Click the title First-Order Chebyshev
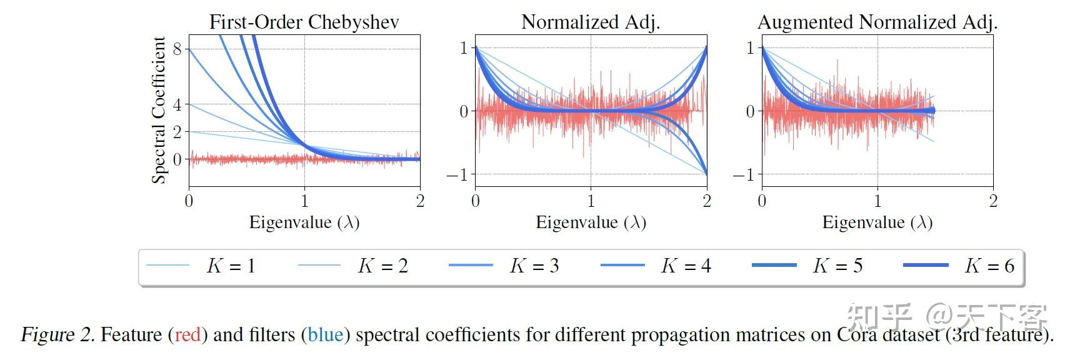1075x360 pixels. pyautogui.click(x=304, y=22)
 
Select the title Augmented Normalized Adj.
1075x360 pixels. pyautogui.click(x=877, y=22)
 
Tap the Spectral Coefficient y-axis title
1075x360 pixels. pyautogui.click(x=159, y=110)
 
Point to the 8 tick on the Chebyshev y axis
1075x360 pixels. pyautogui.click(x=177, y=49)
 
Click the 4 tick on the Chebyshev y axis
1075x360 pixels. pyautogui.click(x=177, y=104)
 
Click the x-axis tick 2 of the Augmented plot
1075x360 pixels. pyautogui.click(x=993, y=201)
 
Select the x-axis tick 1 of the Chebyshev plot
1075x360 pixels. pyautogui.click(x=304, y=201)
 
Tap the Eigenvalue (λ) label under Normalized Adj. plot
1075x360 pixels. pyautogui.click(x=591, y=222)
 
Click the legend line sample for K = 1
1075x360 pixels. pyautogui.click(x=167, y=266)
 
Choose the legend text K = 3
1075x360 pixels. pyautogui.click(x=534, y=266)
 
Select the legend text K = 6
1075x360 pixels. pyautogui.click(x=989, y=266)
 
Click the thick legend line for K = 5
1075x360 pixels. pyautogui.click(x=774, y=266)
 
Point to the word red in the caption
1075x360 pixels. pyautogui.click(x=187, y=335)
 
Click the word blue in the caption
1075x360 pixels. pyautogui.click(x=326, y=335)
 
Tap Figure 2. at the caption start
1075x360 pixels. pyautogui.click(x=57, y=335)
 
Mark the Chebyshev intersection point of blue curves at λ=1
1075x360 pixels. pyautogui.click(x=304, y=146)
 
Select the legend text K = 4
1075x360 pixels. pyautogui.click(x=686, y=266)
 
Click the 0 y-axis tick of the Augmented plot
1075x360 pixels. pyautogui.click(x=751, y=112)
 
